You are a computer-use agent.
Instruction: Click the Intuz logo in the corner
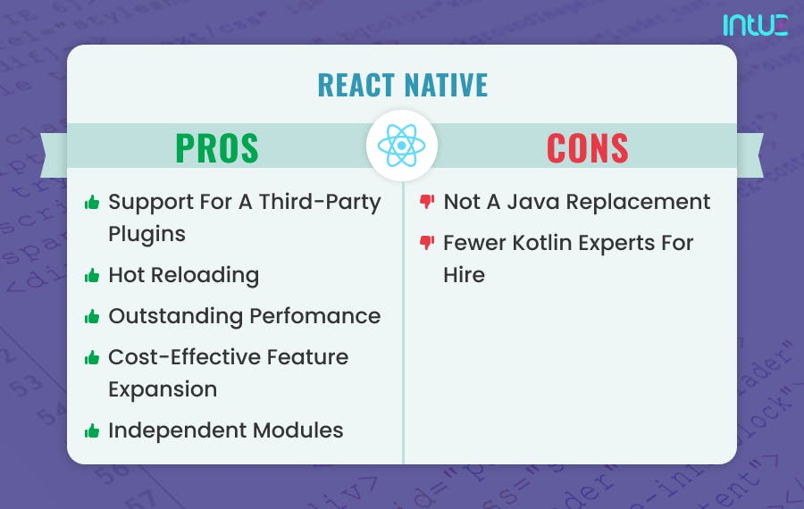755,24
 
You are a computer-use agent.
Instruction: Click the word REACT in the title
355,85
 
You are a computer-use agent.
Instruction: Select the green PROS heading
217,148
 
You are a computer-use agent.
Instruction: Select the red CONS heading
587,148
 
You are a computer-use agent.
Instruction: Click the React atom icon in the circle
402,146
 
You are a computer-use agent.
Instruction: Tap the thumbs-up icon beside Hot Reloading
91,276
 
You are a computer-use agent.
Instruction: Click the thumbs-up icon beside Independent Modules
91,431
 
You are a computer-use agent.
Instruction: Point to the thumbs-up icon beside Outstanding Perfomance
91,317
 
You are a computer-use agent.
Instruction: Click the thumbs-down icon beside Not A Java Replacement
427,202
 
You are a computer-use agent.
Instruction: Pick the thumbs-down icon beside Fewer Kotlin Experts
427,243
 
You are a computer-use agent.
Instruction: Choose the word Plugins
147,234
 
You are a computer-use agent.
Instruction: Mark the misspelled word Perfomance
312,316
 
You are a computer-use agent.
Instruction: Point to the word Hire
464,275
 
